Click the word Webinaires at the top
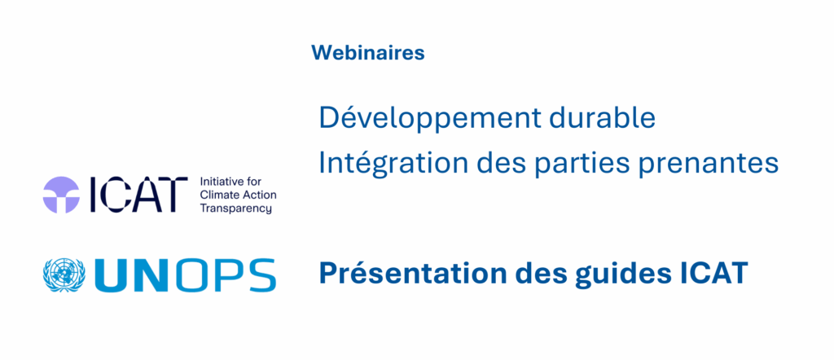(368, 53)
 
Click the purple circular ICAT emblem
(61, 195)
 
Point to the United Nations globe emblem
(64, 275)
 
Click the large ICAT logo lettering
(138, 195)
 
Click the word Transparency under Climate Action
(235, 209)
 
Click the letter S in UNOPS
(260, 275)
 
